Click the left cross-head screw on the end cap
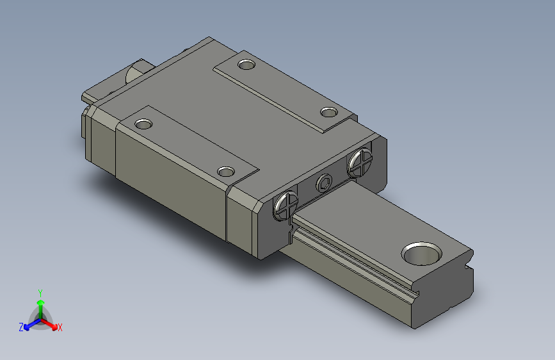point(286,205)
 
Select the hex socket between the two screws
point(325,184)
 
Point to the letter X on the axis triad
point(60,328)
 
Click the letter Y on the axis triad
point(40,291)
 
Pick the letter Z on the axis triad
point(21,327)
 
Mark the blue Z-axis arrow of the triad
point(29,325)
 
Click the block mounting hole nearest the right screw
point(328,113)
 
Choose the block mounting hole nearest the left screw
point(225,172)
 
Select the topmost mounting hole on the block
point(245,63)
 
